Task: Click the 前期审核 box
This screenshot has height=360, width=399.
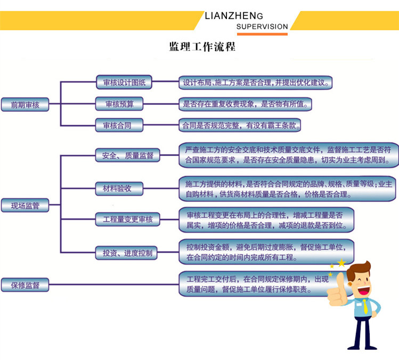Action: pos(25,104)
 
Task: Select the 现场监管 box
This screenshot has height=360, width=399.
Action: pos(25,206)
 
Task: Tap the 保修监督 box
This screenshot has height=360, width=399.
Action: pos(25,285)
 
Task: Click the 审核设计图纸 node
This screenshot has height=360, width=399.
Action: pos(124,82)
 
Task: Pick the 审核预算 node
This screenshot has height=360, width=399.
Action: pos(119,104)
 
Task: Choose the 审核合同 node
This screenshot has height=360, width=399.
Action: pos(119,125)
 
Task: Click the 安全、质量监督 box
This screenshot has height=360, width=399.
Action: pos(127,155)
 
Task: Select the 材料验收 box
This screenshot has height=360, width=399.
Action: pos(119,189)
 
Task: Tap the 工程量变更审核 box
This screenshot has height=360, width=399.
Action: pos(127,219)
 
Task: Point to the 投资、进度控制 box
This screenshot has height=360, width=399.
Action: pos(126,253)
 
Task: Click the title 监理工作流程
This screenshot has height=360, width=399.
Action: pos(202,46)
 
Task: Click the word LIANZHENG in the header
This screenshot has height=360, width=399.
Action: pos(234,16)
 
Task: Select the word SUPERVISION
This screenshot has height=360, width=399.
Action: pos(262,27)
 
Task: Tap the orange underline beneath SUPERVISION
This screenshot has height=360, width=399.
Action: pos(262,34)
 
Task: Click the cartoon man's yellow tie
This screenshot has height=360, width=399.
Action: pos(365,306)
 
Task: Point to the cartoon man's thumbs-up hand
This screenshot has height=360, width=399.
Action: pos(337,291)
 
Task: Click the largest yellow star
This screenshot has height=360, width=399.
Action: pos(341,263)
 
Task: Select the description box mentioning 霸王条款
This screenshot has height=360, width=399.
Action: pos(240,125)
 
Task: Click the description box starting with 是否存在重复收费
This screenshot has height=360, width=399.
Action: pos(245,104)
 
